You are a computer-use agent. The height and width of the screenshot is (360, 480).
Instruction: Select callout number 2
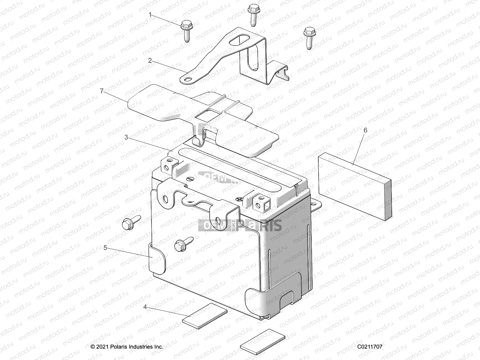(150, 60)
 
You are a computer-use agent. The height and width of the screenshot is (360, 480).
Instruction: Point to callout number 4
(145, 307)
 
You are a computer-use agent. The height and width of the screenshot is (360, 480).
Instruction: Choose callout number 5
(105, 247)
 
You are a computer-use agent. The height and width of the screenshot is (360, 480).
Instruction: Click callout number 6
(365, 130)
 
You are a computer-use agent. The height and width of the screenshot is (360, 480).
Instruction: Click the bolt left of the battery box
(130, 223)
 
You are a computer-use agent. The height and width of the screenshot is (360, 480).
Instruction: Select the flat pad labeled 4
(205, 315)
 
